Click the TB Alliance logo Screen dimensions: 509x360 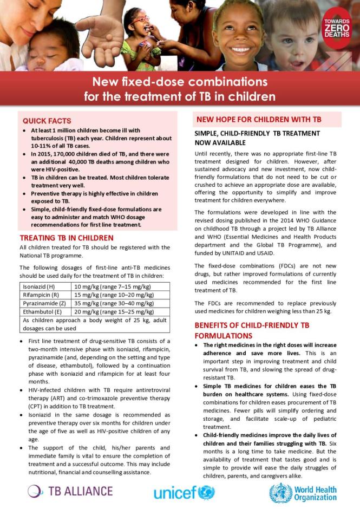pos(70,491)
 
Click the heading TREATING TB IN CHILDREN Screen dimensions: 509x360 pos(67,238)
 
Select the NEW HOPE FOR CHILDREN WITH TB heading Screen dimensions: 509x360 pos(259,119)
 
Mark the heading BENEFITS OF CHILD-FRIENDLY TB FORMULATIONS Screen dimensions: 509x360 pos(252,330)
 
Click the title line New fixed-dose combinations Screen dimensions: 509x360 pos(180,83)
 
